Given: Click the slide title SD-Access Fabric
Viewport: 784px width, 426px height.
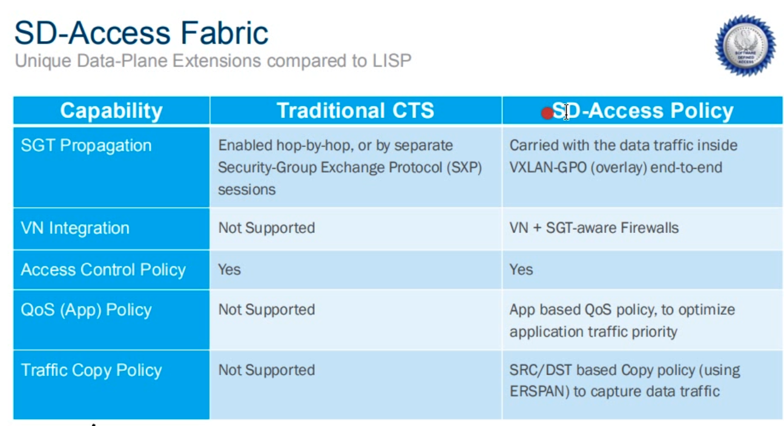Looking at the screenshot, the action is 141,33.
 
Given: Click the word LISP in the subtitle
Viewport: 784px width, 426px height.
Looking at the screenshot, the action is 392,61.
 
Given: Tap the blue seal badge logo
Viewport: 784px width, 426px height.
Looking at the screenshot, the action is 745,45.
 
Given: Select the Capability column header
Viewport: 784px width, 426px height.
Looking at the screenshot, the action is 111,111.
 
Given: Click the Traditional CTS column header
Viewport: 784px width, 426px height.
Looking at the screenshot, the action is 355,111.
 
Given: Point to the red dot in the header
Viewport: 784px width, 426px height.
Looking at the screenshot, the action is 547,113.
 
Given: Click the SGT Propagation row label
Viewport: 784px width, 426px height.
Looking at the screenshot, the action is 86,145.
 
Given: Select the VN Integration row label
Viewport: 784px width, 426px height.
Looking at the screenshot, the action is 75,228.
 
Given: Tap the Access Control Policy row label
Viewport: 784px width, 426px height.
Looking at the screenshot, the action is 104,270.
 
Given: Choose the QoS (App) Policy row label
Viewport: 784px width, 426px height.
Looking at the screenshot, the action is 86,310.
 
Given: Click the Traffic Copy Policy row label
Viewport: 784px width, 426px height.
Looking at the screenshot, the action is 91,370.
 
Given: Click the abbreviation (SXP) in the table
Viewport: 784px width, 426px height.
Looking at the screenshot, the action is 464,168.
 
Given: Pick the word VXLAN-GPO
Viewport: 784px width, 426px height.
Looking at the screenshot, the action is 548,168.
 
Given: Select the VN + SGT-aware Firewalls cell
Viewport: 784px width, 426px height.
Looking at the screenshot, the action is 594,228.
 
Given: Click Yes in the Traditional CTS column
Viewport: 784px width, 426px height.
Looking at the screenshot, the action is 229,270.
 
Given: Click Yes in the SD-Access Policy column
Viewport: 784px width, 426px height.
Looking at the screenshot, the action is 521,270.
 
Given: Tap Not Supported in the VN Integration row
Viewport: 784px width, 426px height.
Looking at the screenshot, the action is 266,228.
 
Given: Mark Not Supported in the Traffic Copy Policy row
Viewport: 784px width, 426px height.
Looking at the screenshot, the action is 266,370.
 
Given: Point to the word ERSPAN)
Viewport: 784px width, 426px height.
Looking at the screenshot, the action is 539,392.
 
